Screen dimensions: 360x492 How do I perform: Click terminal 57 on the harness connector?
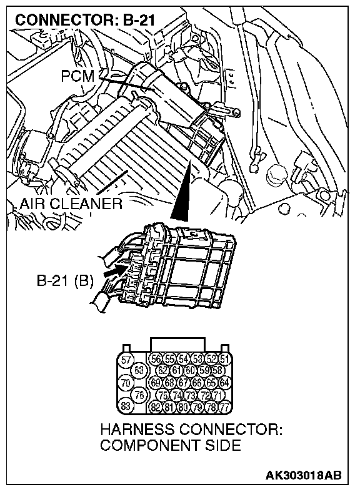tap(126, 360)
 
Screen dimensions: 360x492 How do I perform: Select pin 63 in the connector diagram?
tap(139, 371)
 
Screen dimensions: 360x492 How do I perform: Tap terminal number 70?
tap(126, 383)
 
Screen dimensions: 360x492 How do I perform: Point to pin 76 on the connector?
tap(139, 395)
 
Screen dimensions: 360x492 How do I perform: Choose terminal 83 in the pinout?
tap(126, 406)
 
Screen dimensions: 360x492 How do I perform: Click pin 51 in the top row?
tap(224, 359)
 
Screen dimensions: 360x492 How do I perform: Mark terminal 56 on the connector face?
tap(156, 359)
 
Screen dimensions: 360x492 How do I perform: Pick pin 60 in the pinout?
tap(191, 371)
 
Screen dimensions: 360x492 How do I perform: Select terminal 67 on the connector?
tap(184, 383)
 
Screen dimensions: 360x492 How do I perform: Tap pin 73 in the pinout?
tap(191, 395)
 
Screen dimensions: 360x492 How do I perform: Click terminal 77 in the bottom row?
tap(224, 407)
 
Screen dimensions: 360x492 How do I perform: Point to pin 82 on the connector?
tap(156, 407)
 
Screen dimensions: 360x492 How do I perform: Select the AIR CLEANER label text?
tap(71, 204)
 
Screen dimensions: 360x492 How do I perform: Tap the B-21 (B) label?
tap(65, 280)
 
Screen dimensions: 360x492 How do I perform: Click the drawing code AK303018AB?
tap(304, 475)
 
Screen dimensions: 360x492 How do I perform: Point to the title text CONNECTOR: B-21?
tap(85, 21)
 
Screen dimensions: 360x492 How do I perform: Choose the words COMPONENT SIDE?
tap(171, 445)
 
